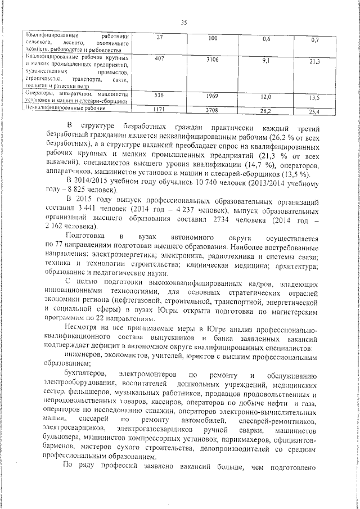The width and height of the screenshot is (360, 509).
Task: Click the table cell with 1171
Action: click(x=160, y=108)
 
